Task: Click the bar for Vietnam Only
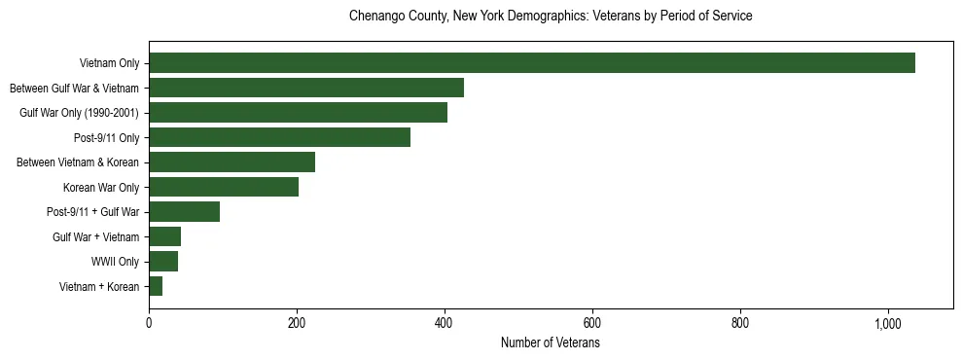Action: coord(532,63)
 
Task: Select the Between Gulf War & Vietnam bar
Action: coord(306,88)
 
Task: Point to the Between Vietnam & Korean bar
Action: coord(232,162)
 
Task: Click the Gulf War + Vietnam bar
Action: coord(164,236)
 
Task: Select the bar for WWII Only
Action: coord(163,262)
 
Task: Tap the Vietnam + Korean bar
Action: coord(156,286)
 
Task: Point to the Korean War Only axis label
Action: coord(101,187)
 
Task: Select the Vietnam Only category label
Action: coord(109,63)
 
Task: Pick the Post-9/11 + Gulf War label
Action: coord(92,212)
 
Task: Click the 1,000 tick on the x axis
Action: coord(888,323)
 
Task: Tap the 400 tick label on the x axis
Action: coord(445,323)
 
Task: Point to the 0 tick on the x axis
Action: coord(149,323)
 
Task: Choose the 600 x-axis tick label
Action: coord(592,323)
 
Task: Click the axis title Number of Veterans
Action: coord(550,343)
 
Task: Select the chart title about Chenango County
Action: coord(550,17)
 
